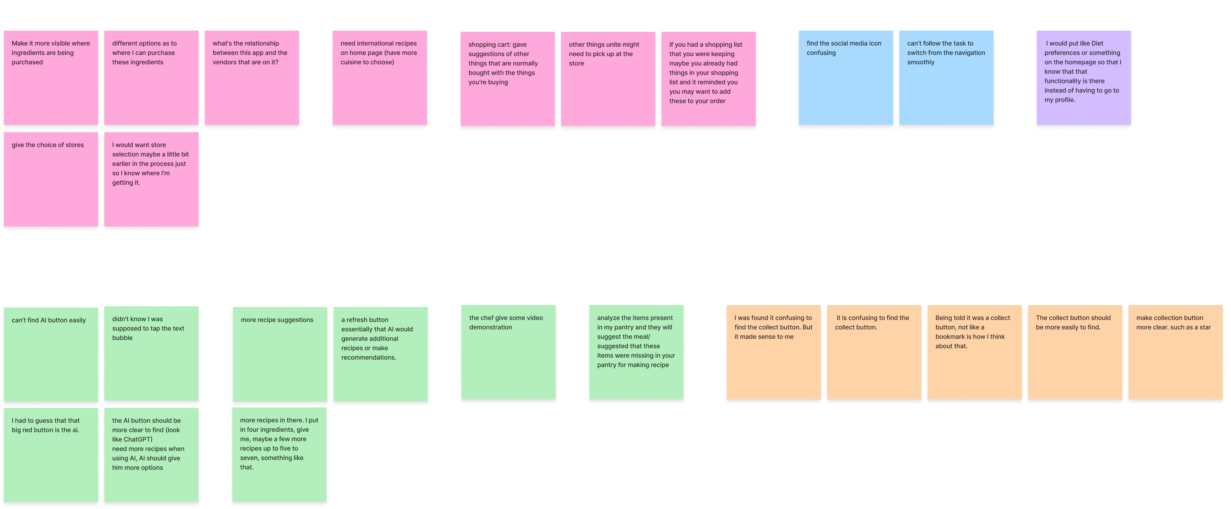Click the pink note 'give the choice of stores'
tap(51, 179)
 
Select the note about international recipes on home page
tap(379, 78)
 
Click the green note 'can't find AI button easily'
tap(51, 354)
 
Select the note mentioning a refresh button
tap(380, 354)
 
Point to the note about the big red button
tap(51, 454)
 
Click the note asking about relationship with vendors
tap(252, 78)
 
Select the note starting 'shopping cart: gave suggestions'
tap(507, 79)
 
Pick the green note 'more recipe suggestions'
tap(279, 354)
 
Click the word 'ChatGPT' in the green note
tap(138, 439)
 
